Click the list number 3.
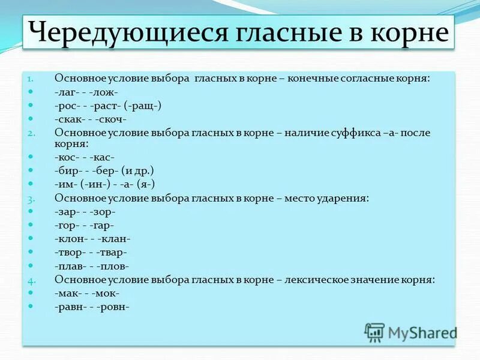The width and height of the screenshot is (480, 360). tap(31, 198)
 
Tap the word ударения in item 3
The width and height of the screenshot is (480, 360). tap(343, 197)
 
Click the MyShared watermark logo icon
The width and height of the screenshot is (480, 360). tap(375, 332)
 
